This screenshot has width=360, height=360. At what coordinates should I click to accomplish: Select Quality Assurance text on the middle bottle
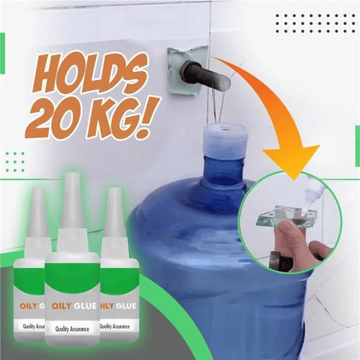point(71,328)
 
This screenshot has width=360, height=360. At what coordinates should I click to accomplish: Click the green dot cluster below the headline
point(15,161)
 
